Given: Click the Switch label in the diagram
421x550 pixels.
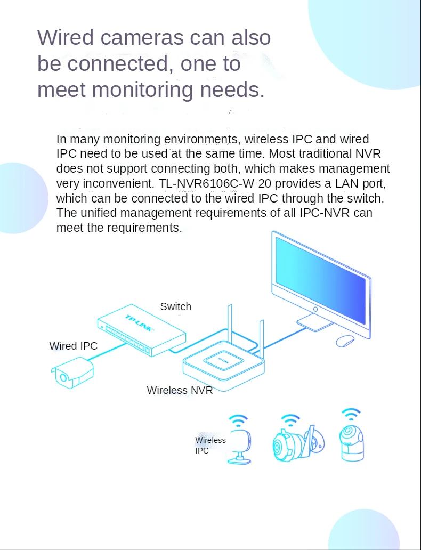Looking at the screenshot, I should coord(175,306).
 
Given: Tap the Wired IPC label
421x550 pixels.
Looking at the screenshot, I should coord(74,346).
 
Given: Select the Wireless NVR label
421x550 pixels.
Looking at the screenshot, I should coord(180,390).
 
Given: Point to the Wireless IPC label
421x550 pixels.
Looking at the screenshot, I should coord(210,445).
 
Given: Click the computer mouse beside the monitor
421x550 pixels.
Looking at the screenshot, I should coord(345,340).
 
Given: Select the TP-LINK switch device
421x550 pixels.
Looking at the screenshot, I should coord(142,333).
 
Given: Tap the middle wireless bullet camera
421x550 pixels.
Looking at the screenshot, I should coord(295,442).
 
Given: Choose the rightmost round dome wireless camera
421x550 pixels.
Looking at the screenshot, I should coord(351,440).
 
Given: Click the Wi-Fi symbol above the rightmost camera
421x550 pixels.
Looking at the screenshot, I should coord(351,414).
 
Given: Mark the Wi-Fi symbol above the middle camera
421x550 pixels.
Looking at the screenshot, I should coord(290,419).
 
